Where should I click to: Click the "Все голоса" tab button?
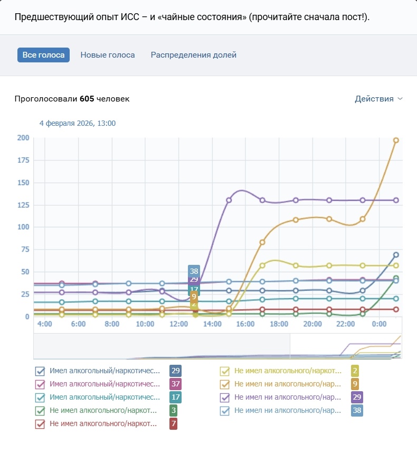[43, 55]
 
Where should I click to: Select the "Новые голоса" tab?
[108, 55]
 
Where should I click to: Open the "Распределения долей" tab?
[194, 55]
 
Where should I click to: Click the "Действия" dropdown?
[378, 99]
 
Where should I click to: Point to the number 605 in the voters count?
[87, 99]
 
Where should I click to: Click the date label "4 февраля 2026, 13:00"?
[78, 123]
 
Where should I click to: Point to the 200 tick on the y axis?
[23, 138]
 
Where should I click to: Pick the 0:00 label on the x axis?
[378, 324]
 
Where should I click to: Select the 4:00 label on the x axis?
[44, 324]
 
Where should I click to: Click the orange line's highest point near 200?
[396, 140]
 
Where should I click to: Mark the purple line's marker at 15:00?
[229, 200]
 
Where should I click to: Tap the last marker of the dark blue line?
[396, 255]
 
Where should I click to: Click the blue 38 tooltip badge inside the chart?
[194, 271]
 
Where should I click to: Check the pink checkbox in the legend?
[40, 384]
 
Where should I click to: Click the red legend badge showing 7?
[173, 423]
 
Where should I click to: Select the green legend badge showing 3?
[173, 410]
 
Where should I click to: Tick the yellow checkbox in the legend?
[224, 371]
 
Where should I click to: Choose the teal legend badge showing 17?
[176, 397]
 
